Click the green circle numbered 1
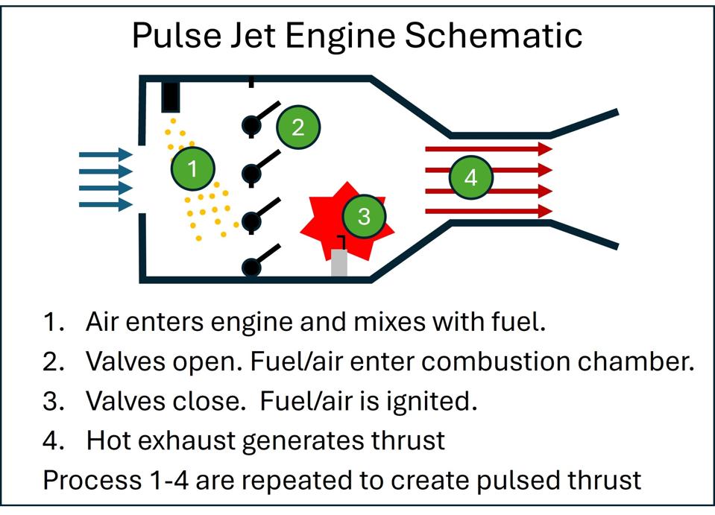[x=192, y=169]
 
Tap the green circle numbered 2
[x=298, y=127]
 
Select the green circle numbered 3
[x=364, y=217]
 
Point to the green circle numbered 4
[x=470, y=178]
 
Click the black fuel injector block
[x=171, y=96]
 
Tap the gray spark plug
[x=340, y=263]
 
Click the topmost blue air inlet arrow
[x=104, y=155]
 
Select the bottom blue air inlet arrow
[x=104, y=204]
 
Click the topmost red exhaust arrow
[x=488, y=149]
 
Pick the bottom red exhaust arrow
[x=488, y=212]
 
